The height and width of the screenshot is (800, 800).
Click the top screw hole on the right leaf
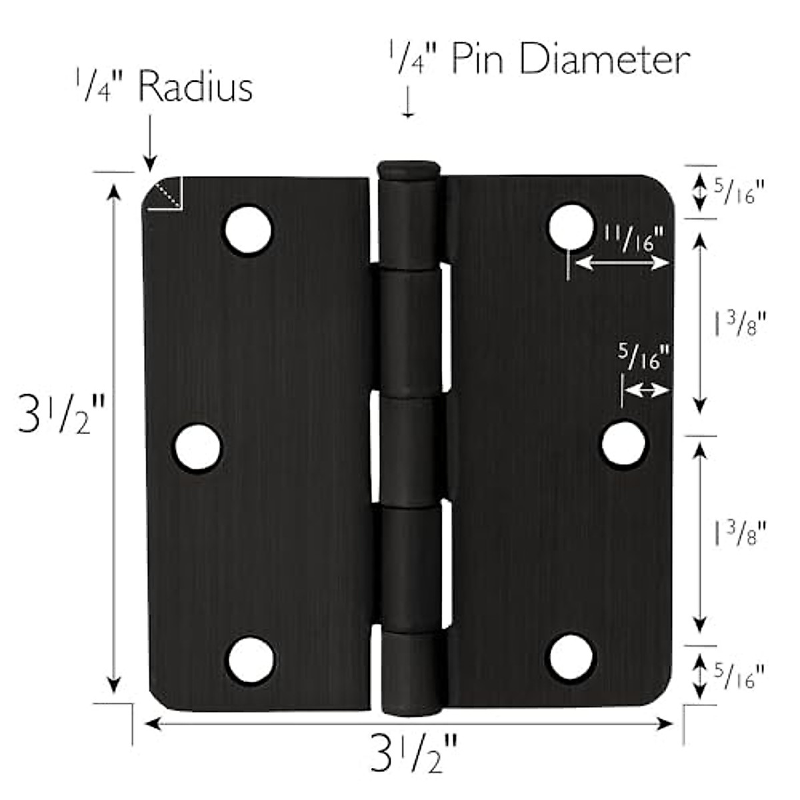[571, 227]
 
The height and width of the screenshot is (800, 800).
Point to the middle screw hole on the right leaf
[624, 444]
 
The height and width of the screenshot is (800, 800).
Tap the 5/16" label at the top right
[737, 191]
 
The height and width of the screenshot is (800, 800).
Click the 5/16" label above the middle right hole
[643, 358]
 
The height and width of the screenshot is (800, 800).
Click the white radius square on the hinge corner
[165, 194]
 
